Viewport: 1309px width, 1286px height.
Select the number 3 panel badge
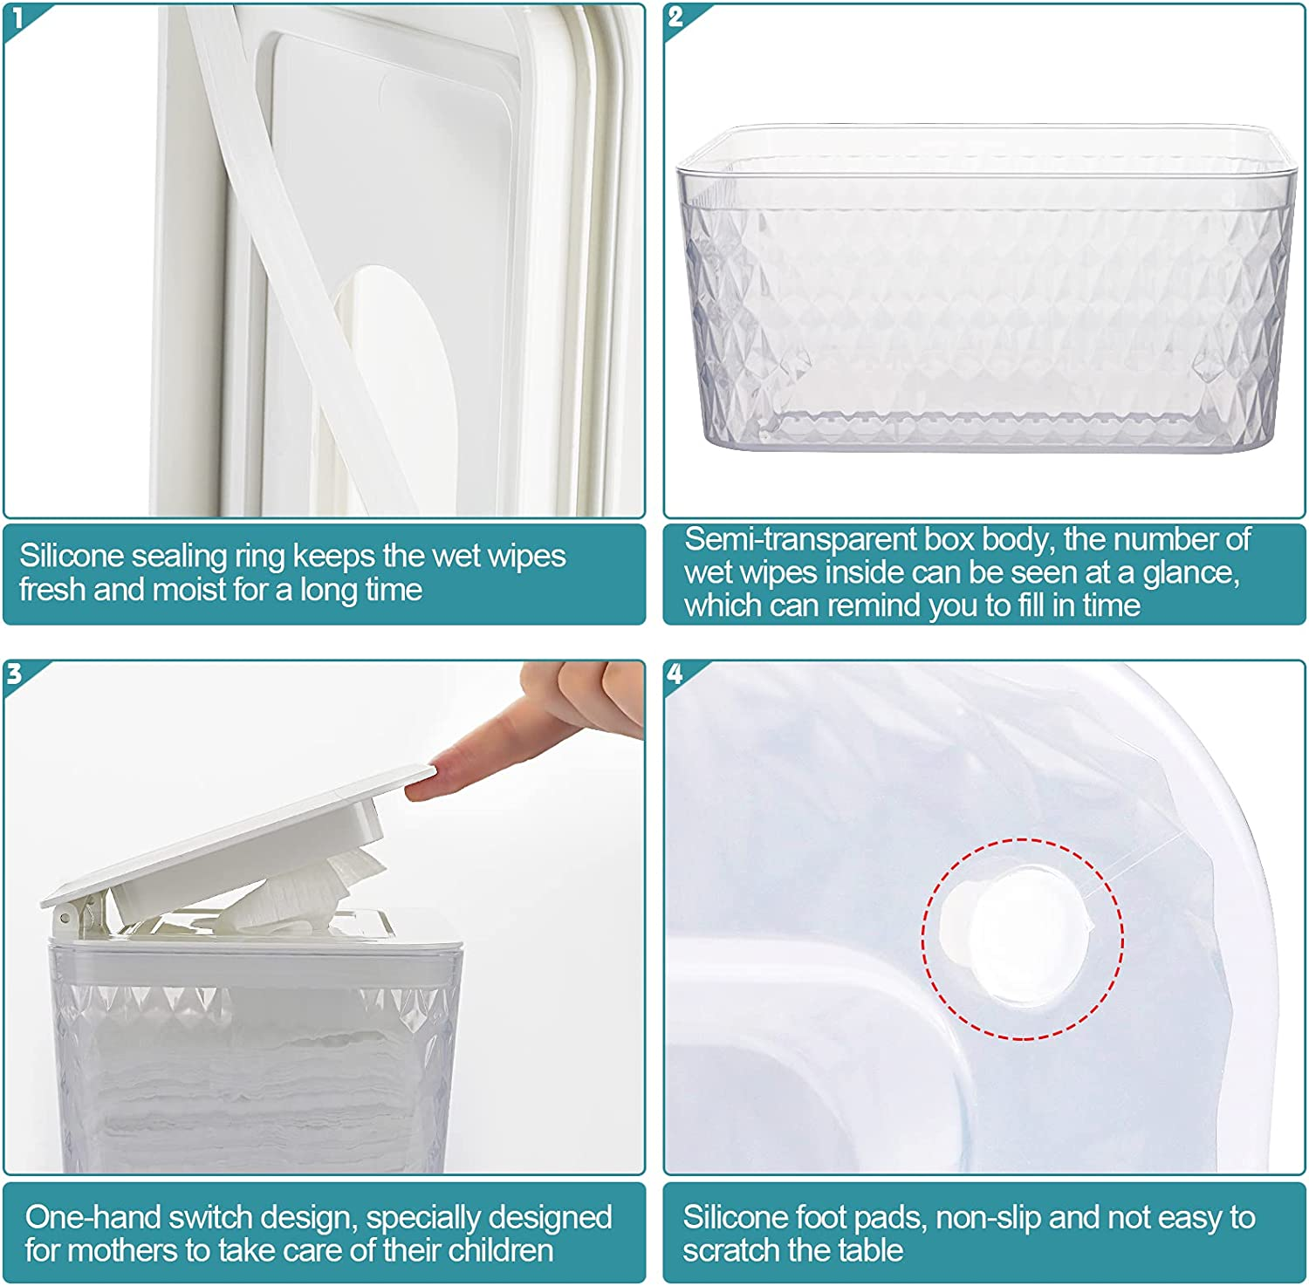(x=15, y=674)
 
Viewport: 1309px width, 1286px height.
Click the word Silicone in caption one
(x=72, y=556)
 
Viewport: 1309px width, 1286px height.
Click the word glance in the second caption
(x=1189, y=573)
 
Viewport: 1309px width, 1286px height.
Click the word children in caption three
(x=500, y=1251)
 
